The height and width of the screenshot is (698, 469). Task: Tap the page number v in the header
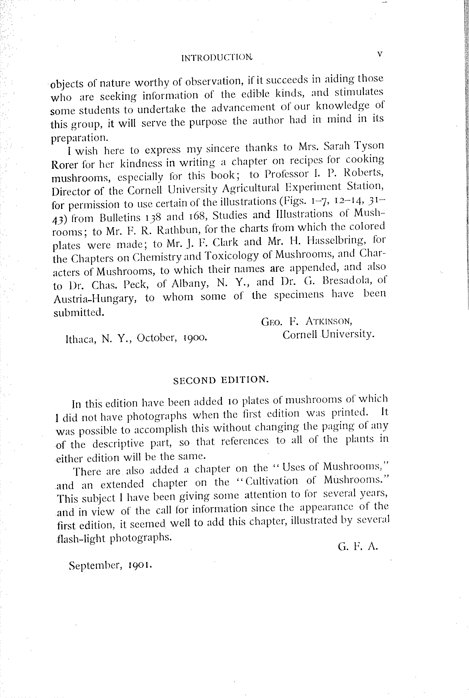pyautogui.click(x=379, y=54)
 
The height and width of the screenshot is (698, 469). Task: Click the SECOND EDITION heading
pyautogui.click(x=221, y=380)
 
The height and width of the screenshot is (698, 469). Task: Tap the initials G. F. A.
pyautogui.click(x=358, y=547)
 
